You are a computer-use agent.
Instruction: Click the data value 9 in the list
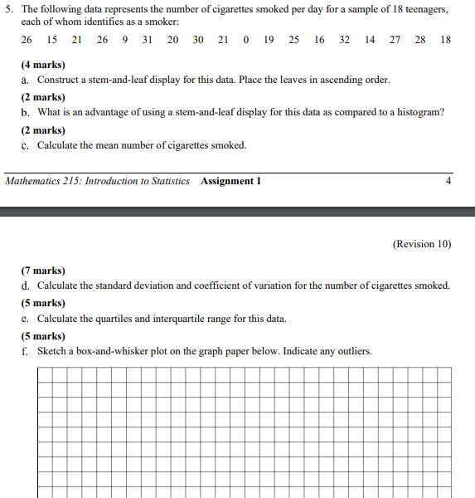[124, 40]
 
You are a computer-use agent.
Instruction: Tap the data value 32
[344, 40]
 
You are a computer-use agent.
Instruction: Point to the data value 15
[52, 40]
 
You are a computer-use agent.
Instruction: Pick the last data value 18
[446, 40]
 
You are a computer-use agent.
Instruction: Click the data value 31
[148, 40]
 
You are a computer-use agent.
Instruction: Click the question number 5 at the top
[7, 8]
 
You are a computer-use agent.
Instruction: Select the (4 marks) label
[43, 65]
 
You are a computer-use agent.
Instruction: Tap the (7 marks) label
[43, 271]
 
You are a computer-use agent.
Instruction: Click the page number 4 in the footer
[448, 181]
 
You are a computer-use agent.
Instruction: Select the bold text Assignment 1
[230, 181]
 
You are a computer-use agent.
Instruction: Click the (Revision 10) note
[422, 244]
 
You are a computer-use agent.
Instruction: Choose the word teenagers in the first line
[424, 8]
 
